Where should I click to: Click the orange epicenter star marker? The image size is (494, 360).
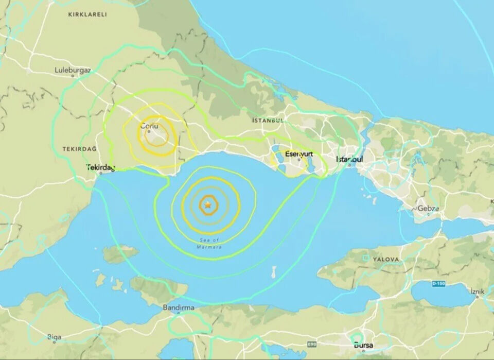click(208, 205)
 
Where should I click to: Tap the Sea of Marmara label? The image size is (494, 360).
click(209, 244)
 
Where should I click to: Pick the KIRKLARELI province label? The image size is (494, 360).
click(87, 15)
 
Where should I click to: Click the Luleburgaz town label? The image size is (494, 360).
click(73, 70)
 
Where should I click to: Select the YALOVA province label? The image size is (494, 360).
click(386, 260)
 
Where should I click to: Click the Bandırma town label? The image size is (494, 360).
click(178, 307)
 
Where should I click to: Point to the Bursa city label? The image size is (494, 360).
click(363, 345)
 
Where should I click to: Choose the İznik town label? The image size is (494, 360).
click(477, 291)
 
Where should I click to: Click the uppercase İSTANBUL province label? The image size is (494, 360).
click(268, 121)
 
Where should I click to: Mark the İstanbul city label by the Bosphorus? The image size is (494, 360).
click(349, 160)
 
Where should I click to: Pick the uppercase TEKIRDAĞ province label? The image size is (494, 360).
click(80, 149)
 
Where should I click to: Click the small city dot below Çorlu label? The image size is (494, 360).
click(149, 132)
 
